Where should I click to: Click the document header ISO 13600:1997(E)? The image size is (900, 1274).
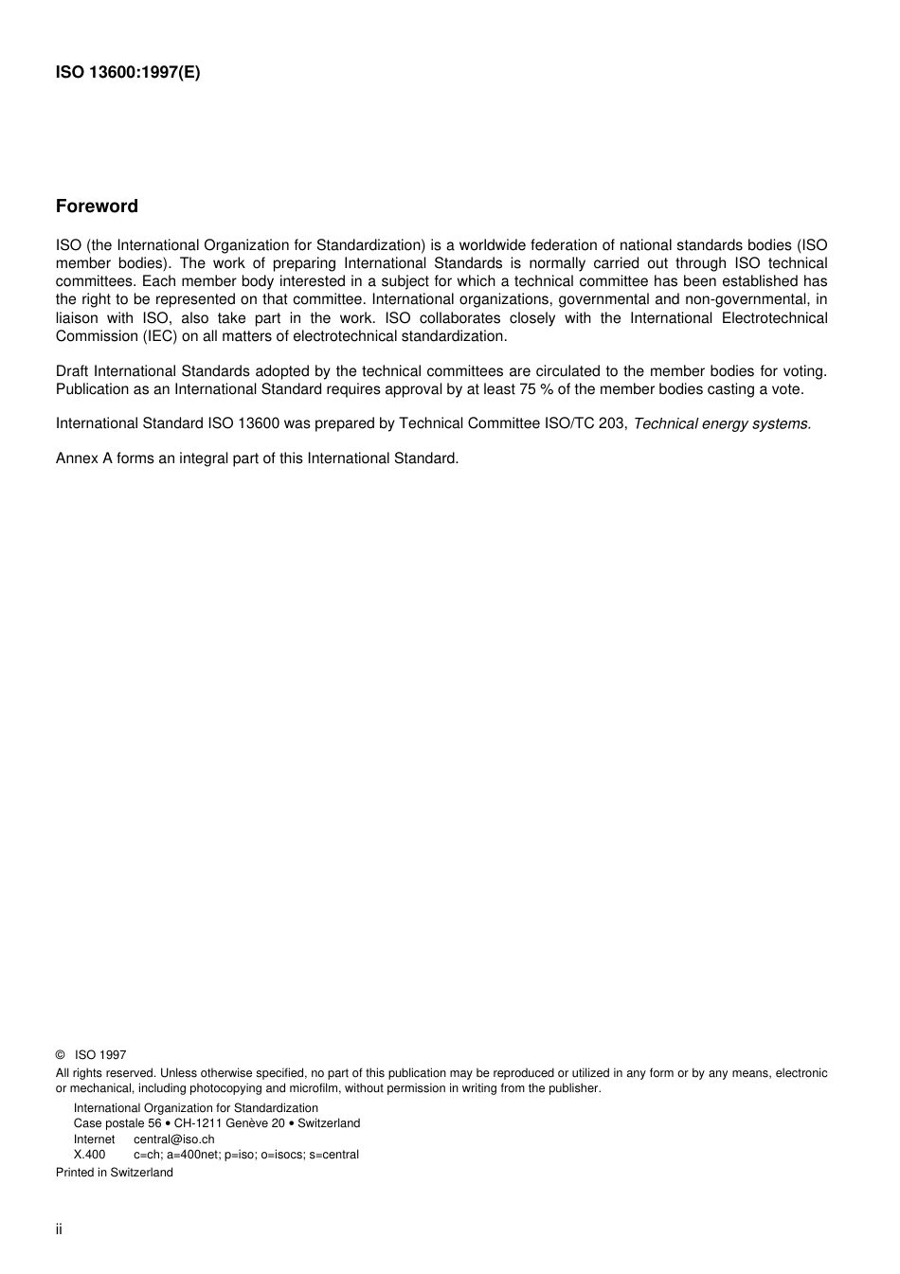tap(128, 73)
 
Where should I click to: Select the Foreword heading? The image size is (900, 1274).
tap(97, 206)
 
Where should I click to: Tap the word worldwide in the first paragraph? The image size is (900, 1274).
tap(493, 245)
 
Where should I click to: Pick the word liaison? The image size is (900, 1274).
tap(77, 318)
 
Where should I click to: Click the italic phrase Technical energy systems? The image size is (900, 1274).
tap(722, 423)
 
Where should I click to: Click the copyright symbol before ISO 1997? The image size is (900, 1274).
tap(60, 1055)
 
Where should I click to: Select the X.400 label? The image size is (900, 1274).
tap(89, 1155)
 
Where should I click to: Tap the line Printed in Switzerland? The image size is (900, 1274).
tap(115, 1173)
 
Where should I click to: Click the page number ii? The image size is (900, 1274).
tap(59, 1229)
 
